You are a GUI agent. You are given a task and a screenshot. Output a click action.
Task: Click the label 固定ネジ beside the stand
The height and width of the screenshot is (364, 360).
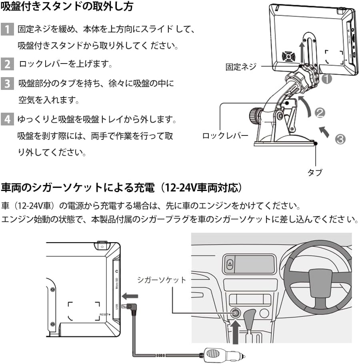pos(240,67)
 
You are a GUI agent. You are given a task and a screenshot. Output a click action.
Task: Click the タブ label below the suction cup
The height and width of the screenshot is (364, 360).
pos(315,172)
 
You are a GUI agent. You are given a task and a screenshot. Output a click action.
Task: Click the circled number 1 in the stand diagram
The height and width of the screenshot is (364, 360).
pos(327,79)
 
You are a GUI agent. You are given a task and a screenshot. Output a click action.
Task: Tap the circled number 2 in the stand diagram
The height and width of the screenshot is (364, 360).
pos(320,113)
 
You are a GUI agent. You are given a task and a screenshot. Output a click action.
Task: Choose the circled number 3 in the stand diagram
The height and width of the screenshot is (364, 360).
pos(340,139)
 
